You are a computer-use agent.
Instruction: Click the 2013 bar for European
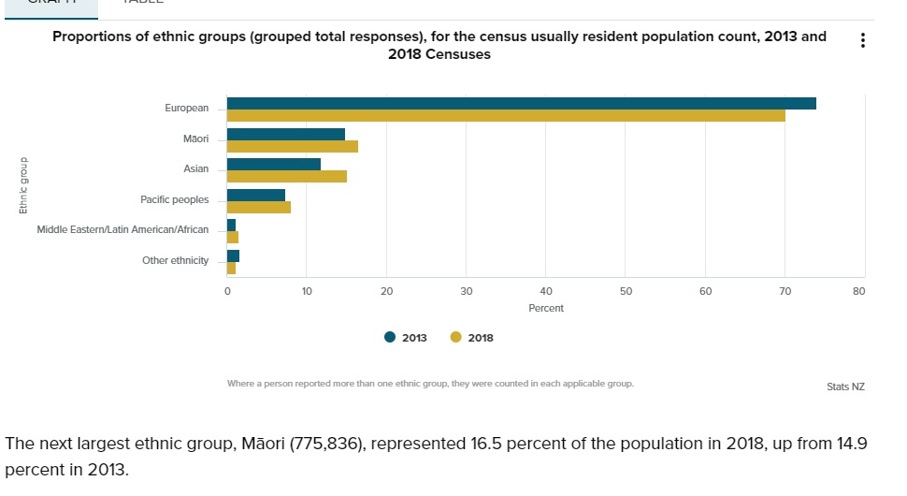pos(521,103)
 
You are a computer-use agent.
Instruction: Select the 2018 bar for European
pos(506,115)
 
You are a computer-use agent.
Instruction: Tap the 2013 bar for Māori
pos(286,134)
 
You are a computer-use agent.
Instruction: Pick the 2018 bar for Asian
pos(287,176)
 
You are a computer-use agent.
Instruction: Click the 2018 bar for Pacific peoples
pos(259,207)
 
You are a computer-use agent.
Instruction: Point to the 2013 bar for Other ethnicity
pos(233,255)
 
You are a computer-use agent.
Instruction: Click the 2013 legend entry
pos(406,338)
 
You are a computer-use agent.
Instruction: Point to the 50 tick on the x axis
pos(626,291)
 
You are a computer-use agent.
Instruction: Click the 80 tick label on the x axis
pos(859,291)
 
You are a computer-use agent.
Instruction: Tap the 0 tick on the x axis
pos(227,291)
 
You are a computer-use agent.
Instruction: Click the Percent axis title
pos(546,308)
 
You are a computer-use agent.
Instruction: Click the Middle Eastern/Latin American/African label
pos(123,230)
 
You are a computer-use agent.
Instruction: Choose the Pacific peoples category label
pos(175,199)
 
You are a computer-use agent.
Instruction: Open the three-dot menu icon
pos(862,41)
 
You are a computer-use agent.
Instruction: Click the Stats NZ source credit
pos(845,387)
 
